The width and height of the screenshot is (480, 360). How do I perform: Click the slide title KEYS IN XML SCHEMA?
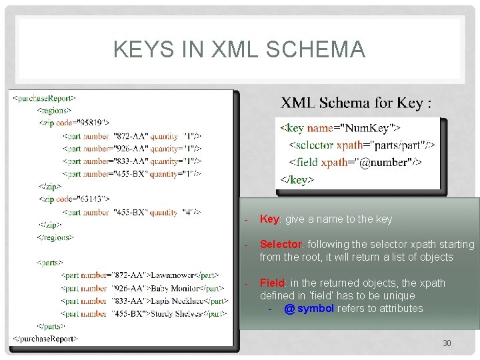[239, 49]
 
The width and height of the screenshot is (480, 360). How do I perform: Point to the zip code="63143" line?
[75, 199]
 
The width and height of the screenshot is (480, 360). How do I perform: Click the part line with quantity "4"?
[131, 213]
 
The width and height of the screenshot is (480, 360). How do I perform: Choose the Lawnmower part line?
[139, 275]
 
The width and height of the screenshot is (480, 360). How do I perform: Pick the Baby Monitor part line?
[142, 288]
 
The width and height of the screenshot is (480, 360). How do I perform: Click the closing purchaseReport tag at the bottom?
[45, 338]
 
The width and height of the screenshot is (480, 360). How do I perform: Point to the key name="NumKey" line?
[339, 127]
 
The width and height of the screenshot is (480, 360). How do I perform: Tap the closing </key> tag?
[297, 179]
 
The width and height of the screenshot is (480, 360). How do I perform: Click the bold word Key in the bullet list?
[269, 219]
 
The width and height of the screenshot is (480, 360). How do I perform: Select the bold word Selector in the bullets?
[280, 245]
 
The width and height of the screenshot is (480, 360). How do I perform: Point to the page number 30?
[447, 343]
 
